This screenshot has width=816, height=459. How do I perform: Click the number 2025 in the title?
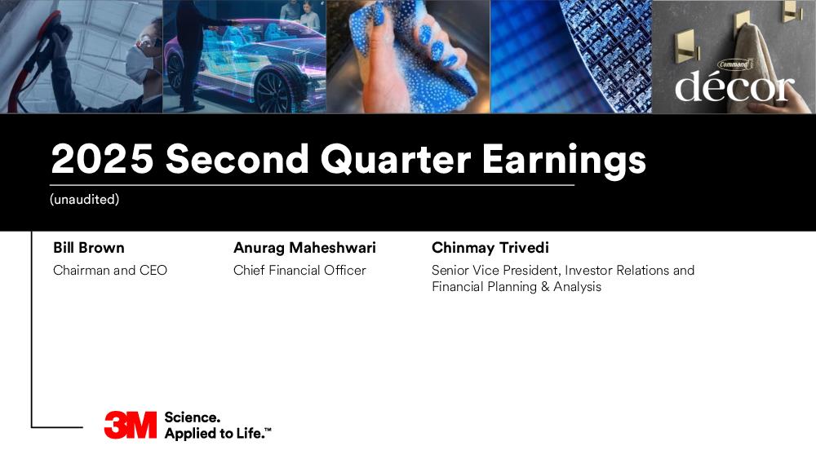pos(102,158)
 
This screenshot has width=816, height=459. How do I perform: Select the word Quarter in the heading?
pos(396,160)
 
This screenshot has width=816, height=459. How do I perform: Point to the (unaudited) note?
pos(84,199)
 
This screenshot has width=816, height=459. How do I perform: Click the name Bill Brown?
pos(88,247)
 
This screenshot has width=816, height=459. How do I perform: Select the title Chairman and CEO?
pos(110,271)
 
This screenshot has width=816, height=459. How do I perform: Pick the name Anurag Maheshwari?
pos(304,248)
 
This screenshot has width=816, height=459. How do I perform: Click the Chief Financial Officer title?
pos(299,271)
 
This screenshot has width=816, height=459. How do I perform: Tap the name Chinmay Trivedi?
pos(490,248)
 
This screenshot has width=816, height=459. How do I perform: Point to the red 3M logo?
pos(130,426)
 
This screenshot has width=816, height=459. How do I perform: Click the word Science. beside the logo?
pos(192,417)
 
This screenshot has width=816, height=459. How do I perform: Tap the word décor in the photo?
pos(734,86)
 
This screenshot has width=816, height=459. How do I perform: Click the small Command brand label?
pos(734,64)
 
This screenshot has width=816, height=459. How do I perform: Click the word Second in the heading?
pos(237,158)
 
